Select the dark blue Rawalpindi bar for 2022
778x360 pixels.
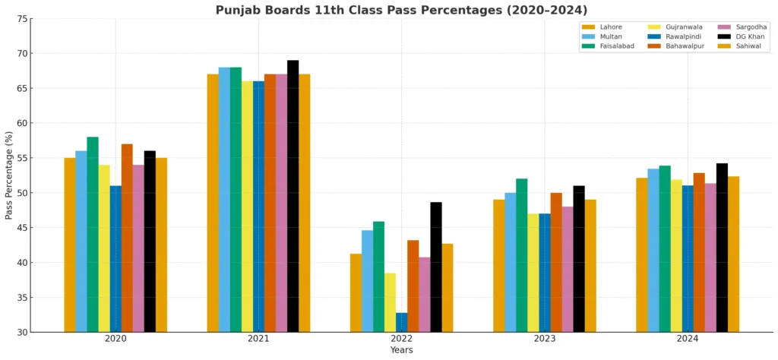(401, 323)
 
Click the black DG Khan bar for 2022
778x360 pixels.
(435, 267)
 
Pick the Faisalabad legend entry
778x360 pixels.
(616, 46)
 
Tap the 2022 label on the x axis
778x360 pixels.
(401, 339)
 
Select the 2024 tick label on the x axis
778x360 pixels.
(687, 339)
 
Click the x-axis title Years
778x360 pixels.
(401, 350)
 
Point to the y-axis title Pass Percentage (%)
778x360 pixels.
(9, 175)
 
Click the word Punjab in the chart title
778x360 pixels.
(236, 10)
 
